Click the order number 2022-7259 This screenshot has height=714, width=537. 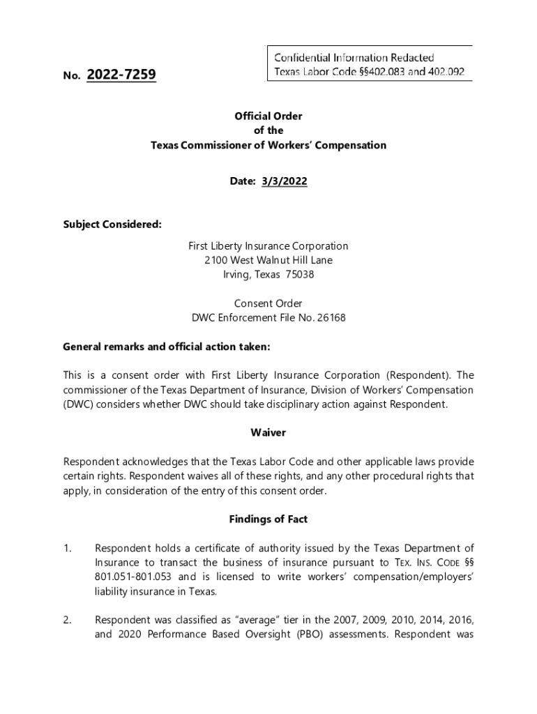[x=121, y=74]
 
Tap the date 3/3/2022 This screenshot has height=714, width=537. [x=284, y=181]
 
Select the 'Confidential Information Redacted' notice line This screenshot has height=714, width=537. [x=354, y=57]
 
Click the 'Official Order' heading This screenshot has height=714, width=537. [x=268, y=116]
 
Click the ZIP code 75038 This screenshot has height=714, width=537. [x=300, y=275]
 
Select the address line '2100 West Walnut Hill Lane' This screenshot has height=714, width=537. [x=268, y=260]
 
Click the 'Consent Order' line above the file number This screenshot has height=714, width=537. [x=268, y=303]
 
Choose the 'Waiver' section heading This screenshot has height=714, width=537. [x=268, y=433]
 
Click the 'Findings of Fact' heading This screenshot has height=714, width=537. [x=268, y=519]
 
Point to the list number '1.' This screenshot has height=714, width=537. [x=68, y=549]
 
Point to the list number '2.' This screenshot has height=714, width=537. [x=68, y=621]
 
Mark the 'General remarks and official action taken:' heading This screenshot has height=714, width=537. [x=166, y=347]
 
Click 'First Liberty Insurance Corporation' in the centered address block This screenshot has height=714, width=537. [x=268, y=246]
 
